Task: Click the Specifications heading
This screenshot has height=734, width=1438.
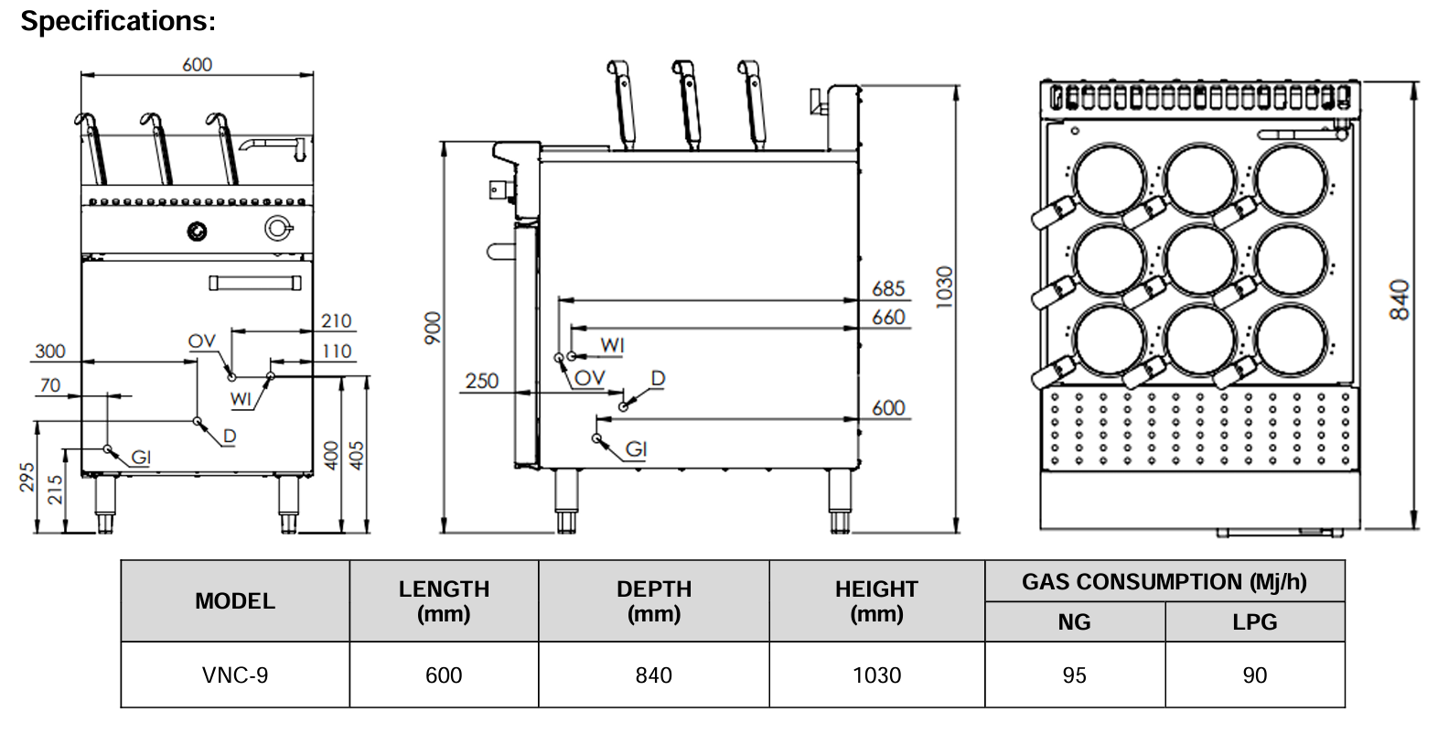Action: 118,21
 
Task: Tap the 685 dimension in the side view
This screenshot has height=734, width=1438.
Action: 888,289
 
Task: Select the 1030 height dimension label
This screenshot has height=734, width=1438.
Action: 945,286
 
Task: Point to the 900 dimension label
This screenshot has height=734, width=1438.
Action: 433,329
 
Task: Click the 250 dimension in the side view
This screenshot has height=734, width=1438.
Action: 482,381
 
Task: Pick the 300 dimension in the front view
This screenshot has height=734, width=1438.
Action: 50,351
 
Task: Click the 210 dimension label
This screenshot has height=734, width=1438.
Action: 337,321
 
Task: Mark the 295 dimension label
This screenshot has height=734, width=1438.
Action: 27,478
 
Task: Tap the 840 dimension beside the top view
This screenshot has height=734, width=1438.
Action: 1400,300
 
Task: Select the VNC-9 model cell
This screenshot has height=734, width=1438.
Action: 235,675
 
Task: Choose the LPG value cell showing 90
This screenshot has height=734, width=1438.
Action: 1254,675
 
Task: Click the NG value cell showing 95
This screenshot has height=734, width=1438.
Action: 1074,675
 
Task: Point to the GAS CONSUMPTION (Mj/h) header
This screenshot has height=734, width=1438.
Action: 1164,582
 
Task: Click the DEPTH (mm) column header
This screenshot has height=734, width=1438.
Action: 653,601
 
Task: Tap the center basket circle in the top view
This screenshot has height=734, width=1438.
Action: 1200,260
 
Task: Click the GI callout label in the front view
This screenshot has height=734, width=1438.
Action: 141,457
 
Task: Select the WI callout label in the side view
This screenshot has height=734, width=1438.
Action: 612,345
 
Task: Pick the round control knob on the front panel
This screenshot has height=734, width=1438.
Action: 197,231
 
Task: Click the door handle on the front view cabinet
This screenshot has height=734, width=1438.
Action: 255,283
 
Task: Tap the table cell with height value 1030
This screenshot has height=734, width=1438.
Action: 876,675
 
